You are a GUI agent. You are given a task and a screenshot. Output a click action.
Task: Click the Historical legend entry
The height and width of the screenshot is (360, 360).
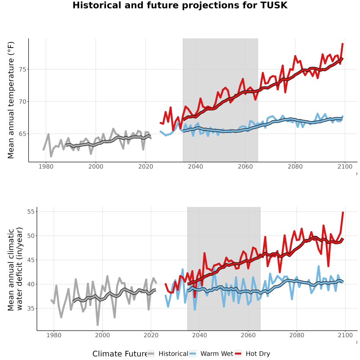[168, 354]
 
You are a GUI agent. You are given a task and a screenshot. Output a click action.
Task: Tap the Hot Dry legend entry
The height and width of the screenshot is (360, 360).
[252, 354]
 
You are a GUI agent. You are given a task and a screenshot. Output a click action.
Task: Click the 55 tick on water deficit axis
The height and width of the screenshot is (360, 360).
[31, 212]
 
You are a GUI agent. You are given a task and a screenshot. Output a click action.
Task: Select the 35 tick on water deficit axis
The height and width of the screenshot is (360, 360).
[31, 308]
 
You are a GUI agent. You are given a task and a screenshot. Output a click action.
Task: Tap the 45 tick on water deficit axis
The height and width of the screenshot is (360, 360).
[31, 260]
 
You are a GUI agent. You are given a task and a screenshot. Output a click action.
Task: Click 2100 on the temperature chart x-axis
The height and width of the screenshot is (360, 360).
[345, 166]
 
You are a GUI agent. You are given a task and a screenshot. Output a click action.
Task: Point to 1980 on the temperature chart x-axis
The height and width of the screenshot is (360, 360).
[46, 166]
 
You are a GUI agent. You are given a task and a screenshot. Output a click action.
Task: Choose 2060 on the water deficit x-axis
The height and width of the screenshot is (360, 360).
[248, 335]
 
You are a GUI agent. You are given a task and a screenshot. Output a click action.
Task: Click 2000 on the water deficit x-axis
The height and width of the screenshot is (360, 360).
[102, 335]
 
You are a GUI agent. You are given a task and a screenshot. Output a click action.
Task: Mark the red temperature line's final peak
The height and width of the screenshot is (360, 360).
[342, 44]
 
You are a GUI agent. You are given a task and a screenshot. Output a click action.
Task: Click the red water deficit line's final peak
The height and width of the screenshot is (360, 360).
[343, 212]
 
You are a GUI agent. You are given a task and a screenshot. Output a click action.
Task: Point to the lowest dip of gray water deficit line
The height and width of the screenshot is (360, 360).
[98, 325]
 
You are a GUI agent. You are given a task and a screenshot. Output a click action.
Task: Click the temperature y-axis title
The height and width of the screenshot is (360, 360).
[11, 100]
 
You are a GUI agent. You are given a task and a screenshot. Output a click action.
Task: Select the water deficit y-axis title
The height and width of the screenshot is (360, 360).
[15, 269]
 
